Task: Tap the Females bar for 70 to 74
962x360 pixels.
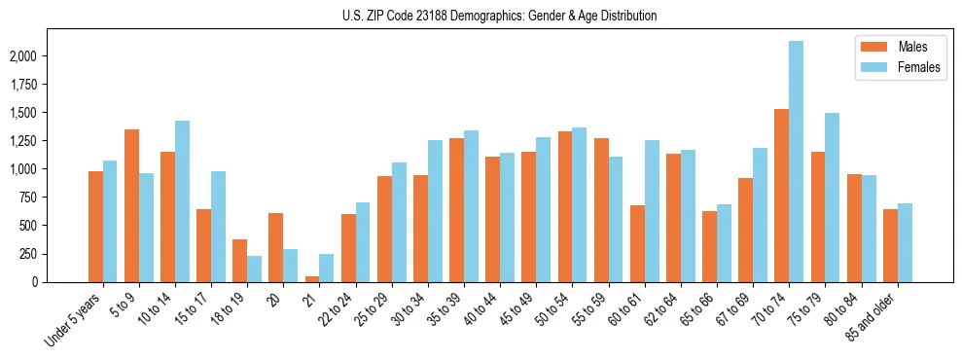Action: coord(797,162)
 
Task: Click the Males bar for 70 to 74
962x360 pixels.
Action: coord(781,196)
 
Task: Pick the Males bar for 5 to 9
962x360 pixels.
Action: coord(131,206)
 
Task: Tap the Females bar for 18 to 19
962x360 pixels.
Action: coord(254,269)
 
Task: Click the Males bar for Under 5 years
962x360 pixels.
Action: coord(95,227)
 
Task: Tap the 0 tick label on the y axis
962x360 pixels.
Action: coord(60,282)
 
